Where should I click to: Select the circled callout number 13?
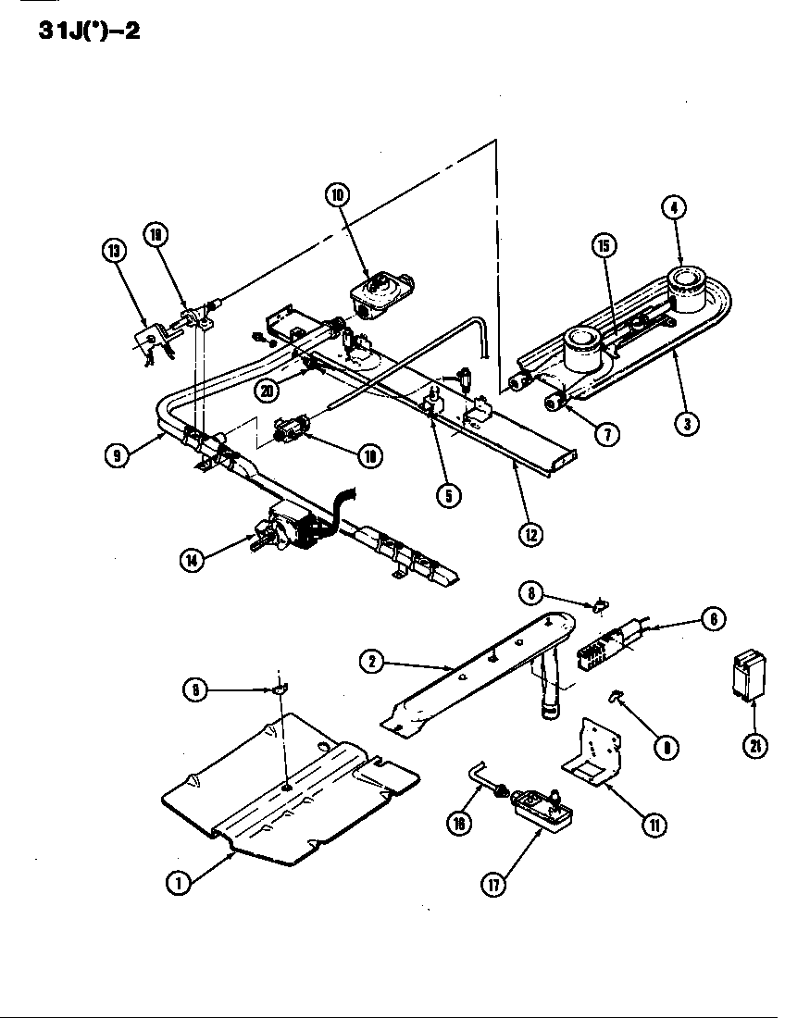(x=114, y=250)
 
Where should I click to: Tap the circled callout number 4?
(x=673, y=207)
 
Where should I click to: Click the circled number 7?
(x=606, y=433)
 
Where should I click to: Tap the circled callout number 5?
(x=447, y=495)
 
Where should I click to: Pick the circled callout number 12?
(x=530, y=534)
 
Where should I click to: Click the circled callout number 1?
(x=178, y=883)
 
